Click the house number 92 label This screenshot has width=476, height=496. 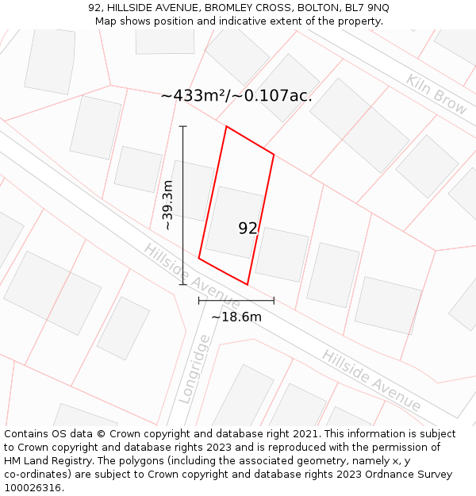point(248,229)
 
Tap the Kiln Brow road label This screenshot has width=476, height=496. point(436,94)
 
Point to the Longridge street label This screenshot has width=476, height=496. point(194,369)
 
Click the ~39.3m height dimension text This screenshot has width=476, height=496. point(167,206)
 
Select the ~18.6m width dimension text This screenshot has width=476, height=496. point(236,317)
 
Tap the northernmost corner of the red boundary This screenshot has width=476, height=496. point(227,126)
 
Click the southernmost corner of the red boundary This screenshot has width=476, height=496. point(248,284)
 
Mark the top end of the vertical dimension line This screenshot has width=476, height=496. point(183,126)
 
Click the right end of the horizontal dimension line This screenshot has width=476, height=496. point(274,301)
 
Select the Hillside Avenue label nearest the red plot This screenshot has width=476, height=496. point(191,276)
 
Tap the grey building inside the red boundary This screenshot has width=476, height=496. point(233,221)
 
